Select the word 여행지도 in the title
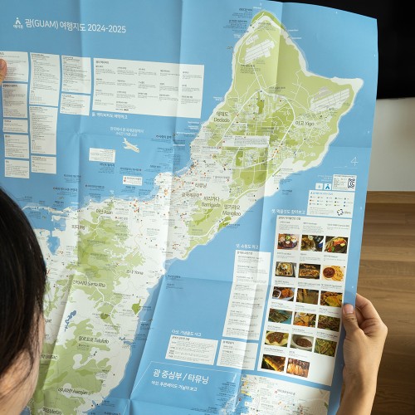[77, 27]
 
